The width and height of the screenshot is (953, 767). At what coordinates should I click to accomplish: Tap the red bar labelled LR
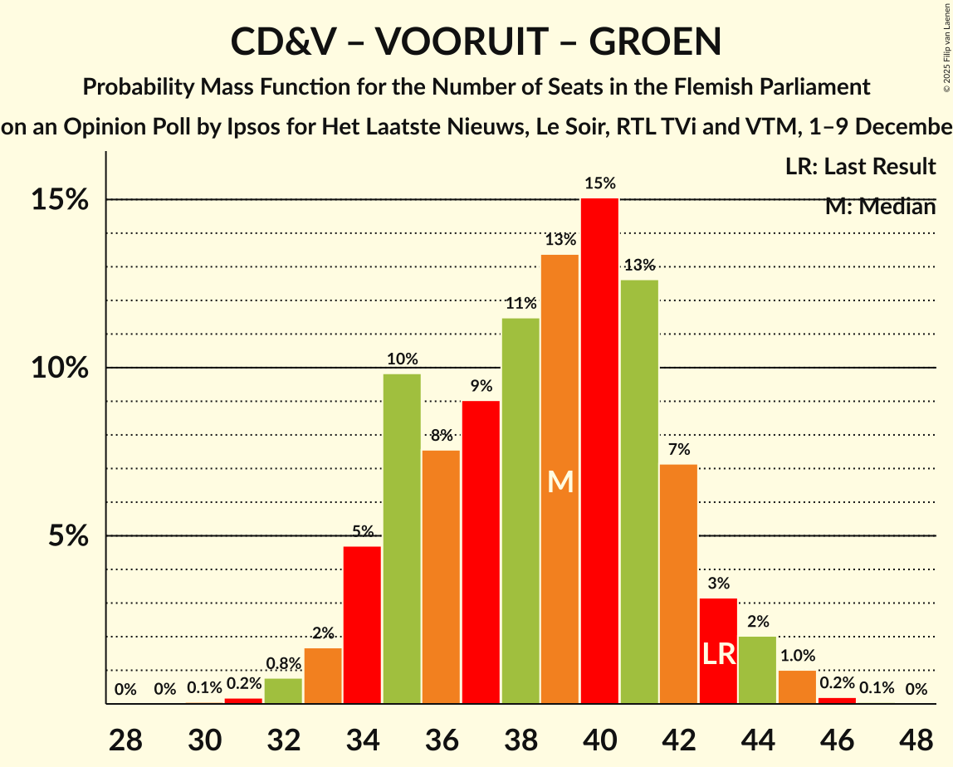coord(718,651)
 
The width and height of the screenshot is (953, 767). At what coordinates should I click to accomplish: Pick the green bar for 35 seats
coord(402,539)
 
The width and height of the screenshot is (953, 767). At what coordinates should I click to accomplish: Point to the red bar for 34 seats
coord(362,624)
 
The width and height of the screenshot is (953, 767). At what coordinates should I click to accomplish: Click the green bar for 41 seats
coord(639,491)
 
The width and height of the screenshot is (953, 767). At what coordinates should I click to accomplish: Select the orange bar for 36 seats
coord(441,577)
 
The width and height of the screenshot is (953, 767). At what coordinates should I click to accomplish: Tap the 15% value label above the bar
coord(599,183)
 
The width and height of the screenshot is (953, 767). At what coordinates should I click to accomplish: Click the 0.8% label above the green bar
coord(283,663)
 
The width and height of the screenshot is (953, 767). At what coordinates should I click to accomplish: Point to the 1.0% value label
coord(797,655)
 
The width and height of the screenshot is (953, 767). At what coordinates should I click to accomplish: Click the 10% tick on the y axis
coord(61,368)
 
